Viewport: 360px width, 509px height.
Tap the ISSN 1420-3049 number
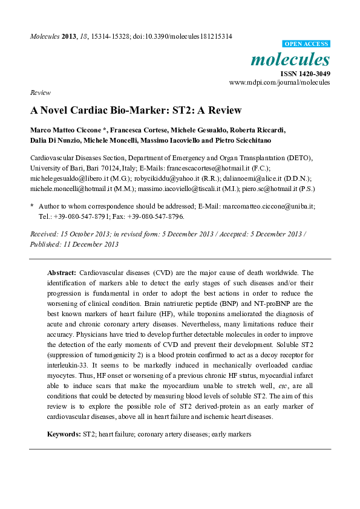[305, 74]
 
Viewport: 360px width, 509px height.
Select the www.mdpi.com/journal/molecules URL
[280, 82]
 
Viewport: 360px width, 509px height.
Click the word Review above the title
[39, 92]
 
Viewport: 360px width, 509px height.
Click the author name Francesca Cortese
[139, 130]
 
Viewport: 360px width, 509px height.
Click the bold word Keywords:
[64, 434]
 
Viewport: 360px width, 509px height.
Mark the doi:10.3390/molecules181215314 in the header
[183, 36]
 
